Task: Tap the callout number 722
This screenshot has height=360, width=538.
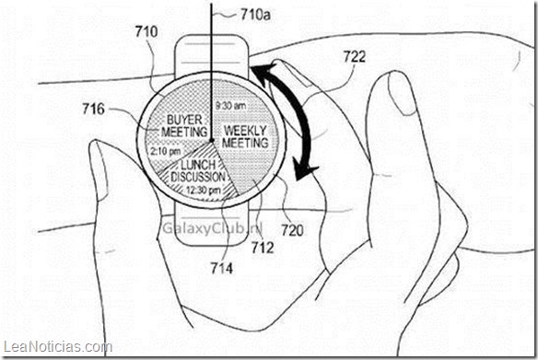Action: pyautogui.click(x=355, y=55)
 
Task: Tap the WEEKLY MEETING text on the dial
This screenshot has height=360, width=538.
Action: pyautogui.click(x=246, y=137)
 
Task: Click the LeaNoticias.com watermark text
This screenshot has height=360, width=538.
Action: pyautogui.click(x=57, y=347)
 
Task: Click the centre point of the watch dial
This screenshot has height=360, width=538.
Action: pyautogui.click(x=213, y=140)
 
